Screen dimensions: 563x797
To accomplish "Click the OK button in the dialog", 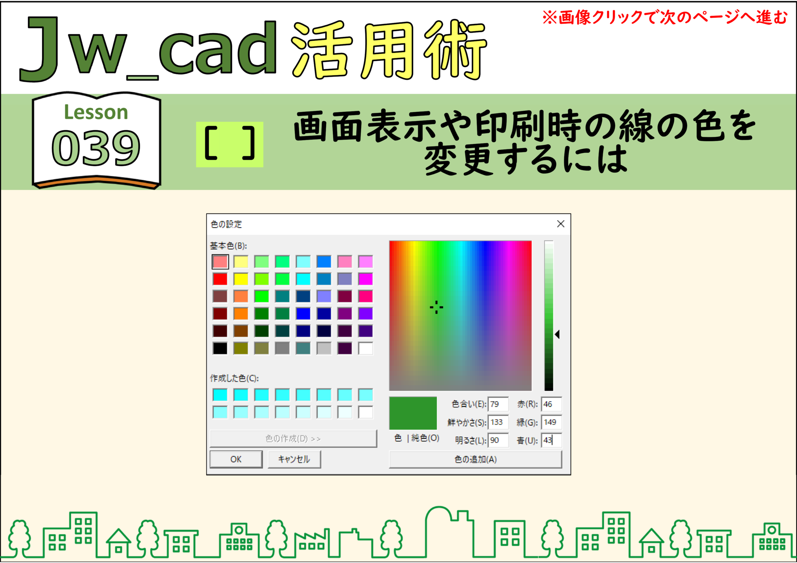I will point(236,459).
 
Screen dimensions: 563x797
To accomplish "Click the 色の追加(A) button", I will point(475,459).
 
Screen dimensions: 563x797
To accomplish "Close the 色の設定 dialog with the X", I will point(560,224).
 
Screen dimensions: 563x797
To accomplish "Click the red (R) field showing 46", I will point(551,404).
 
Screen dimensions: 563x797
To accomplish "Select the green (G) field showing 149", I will point(551,422).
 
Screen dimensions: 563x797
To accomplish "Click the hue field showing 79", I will point(498,404).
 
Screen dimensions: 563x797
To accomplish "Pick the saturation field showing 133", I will point(498,422).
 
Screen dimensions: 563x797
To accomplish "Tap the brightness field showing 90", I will point(498,440).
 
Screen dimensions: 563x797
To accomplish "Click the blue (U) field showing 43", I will point(551,440).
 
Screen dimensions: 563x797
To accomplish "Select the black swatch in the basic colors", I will point(220,348).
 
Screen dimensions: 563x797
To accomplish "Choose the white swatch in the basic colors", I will point(365,348).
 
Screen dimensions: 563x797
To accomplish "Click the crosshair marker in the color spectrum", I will point(436,307).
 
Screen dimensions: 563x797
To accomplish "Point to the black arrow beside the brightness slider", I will point(557,334).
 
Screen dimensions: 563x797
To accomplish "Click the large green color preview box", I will point(413,413).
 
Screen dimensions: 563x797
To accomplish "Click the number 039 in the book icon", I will point(96,147).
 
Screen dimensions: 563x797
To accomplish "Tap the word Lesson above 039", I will point(96,112).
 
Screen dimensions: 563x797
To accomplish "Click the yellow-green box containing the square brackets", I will point(230,144).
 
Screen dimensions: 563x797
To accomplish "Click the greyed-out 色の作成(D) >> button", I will point(293,438).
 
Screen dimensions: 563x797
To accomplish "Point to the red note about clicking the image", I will point(665,18).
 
